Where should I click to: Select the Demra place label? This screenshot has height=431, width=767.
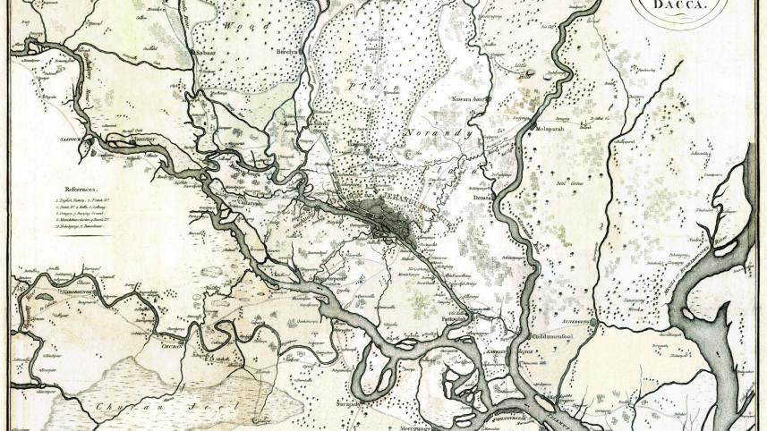(473, 199)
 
